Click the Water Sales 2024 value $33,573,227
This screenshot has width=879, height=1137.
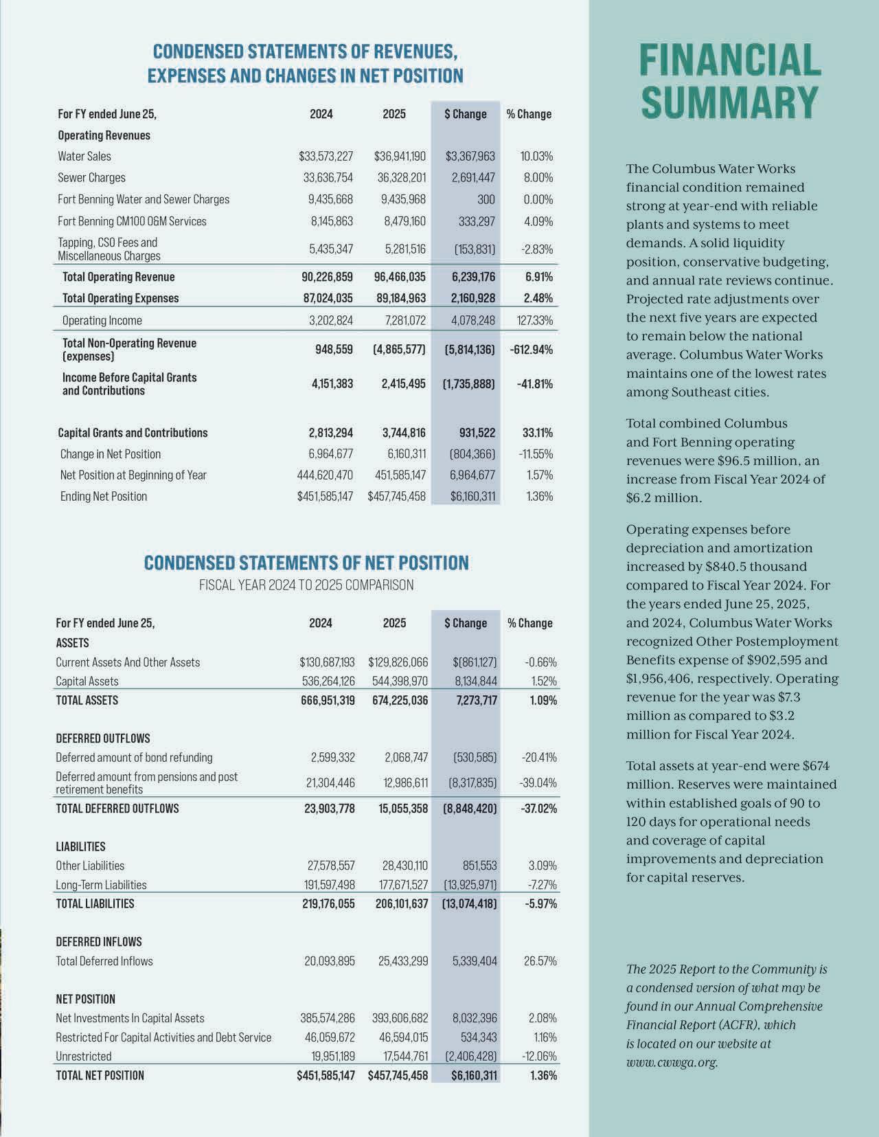[326, 157]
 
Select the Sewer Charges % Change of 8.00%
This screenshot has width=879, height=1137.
[538, 178]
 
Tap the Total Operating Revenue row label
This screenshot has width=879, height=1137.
[118, 277]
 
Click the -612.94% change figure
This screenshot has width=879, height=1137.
[532, 350]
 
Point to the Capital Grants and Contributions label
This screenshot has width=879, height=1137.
[133, 433]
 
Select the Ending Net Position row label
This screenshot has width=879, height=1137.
[104, 496]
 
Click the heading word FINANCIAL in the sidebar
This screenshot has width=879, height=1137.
[730, 60]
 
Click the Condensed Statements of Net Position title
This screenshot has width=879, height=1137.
[306, 563]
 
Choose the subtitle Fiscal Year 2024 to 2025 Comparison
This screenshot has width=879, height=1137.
[306, 585]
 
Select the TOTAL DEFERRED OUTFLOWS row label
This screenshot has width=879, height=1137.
[117, 809]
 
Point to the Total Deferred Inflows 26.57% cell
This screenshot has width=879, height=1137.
[540, 961]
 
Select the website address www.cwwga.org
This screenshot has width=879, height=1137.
[672, 1062]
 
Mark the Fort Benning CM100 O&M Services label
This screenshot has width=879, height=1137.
[132, 221]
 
